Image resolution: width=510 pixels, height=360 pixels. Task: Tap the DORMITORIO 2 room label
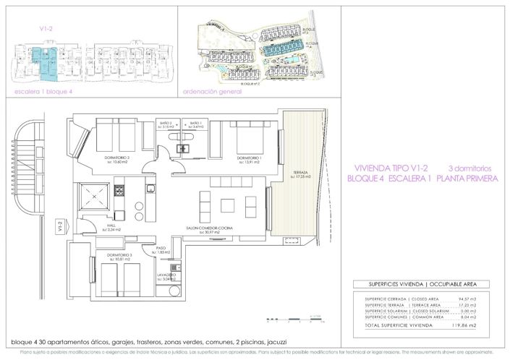coord(116,158)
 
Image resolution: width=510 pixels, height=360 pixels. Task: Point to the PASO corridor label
coord(163,248)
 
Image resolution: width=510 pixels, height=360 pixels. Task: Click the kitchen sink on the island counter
coord(149,189)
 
